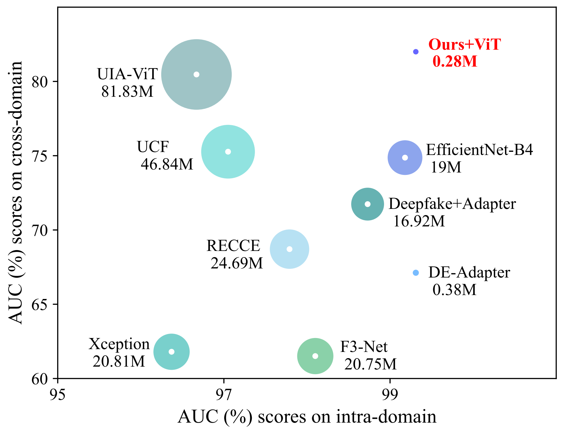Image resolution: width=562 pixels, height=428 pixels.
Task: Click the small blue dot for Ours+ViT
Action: click(416, 52)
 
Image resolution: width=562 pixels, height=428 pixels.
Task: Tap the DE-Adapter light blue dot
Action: click(416, 273)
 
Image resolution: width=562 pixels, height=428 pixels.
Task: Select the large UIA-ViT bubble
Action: click(196, 74)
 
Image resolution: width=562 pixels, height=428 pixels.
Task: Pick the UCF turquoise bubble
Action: click(228, 152)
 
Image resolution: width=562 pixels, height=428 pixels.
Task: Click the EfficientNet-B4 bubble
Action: click(405, 158)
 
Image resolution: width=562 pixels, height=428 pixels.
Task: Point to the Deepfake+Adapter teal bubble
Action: click(367, 204)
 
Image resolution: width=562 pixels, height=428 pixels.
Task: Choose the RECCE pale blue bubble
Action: click(289, 249)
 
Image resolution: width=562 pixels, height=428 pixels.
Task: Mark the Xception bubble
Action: click(171, 352)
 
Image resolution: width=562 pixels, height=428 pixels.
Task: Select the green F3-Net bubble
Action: click(315, 356)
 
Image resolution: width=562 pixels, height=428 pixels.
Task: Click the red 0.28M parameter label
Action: click(455, 62)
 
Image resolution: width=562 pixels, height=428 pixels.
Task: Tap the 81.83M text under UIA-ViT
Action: click(127, 92)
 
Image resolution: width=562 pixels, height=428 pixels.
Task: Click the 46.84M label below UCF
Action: click(167, 164)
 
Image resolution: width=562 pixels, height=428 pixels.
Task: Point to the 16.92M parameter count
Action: click(419, 221)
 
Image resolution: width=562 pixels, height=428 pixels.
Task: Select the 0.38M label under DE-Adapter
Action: click(454, 290)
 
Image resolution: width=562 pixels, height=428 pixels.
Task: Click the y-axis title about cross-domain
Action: click(15, 192)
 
